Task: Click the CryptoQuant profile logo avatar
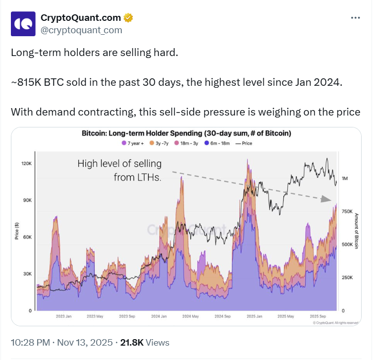coord(23,24)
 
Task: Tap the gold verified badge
coord(128,18)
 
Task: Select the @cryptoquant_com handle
coord(81,30)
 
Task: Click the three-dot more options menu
coord(355,18)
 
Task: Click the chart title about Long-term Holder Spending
coord(186,133)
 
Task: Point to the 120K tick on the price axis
coord(27,164)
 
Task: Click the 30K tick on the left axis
coord(27,274)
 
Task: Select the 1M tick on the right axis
coord(345,179)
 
